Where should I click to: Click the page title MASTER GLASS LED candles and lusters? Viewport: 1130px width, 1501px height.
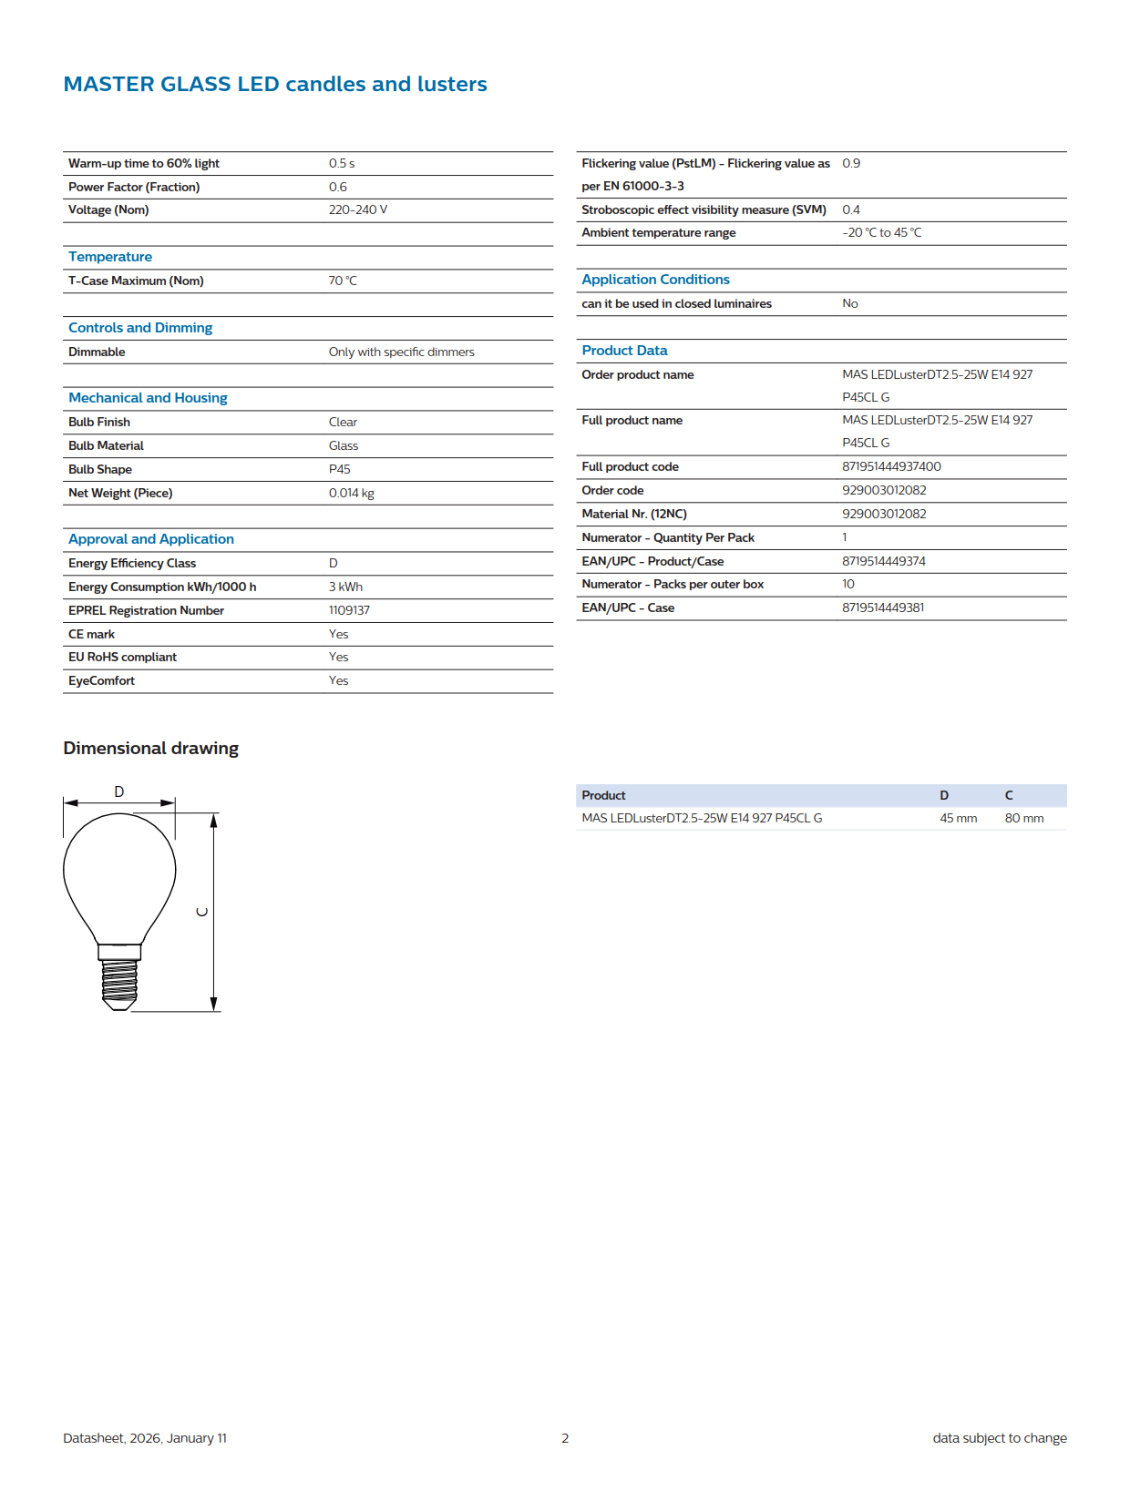(274, 84)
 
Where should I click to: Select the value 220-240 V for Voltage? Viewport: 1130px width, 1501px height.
(357, 209)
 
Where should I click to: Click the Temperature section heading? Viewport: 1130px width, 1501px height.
(110, 257)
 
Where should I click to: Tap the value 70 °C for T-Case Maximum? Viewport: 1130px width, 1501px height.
(343, 281)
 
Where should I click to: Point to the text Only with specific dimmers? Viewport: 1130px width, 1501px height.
(401, 352)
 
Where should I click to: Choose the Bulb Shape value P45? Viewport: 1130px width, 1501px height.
(339, 469)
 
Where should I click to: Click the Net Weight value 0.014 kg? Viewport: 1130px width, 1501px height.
(351, 493)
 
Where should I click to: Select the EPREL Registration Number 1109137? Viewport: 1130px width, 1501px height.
(349, 610)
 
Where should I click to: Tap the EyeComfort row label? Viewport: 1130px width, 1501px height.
(101, 680)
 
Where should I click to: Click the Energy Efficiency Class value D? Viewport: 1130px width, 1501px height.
(334, 563)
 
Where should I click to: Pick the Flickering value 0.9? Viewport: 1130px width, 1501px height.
(850, 163)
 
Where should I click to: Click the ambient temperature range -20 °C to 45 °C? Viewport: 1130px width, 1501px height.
(881, 232)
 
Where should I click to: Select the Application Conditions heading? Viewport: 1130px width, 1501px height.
(655, 280)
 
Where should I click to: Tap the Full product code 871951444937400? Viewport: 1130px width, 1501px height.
(890, 466)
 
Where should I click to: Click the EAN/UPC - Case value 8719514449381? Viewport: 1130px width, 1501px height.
(882, 608)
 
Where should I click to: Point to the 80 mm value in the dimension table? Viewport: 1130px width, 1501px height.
(1023, 818)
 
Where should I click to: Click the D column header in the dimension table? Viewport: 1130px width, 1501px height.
(944, 795)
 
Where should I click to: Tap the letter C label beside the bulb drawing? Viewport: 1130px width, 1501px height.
(202, 912)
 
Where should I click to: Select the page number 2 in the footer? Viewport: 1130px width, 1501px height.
(565, 1438)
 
